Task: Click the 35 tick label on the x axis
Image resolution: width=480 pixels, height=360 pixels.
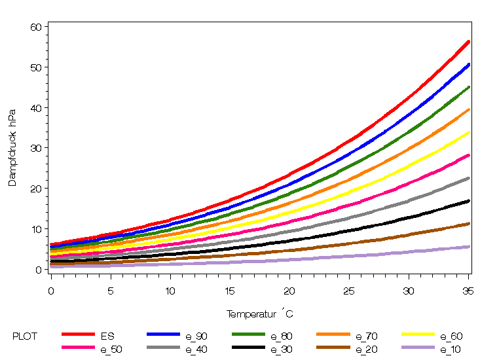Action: point(468,290)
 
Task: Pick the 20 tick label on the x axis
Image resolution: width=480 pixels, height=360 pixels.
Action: point(289,290)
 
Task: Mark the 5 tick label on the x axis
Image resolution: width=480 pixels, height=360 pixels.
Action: point(110,290)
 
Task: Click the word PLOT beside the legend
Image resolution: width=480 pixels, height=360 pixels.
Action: point(25,336)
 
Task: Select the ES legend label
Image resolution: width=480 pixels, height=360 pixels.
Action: point(107,336)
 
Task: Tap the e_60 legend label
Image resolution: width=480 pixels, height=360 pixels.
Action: point(451,336)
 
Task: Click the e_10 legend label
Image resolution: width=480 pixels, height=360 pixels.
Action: point(451,350)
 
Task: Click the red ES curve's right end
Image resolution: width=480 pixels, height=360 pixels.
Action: point(469,41)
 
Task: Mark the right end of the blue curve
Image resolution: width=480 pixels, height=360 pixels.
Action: point(469,64)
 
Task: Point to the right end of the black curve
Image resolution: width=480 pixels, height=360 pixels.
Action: point(469,201)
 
